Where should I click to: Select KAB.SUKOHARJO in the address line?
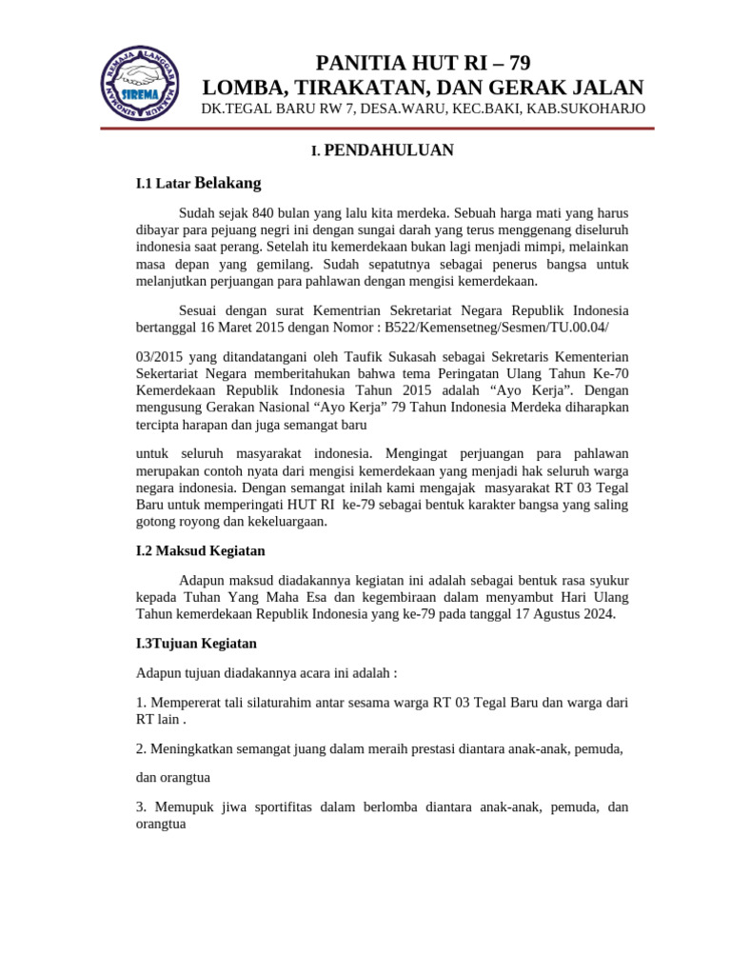(584, 109)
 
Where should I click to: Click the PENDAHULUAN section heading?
(388, 149)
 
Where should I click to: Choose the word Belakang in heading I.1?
(227, 182)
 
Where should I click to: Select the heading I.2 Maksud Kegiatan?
(201, 550)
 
